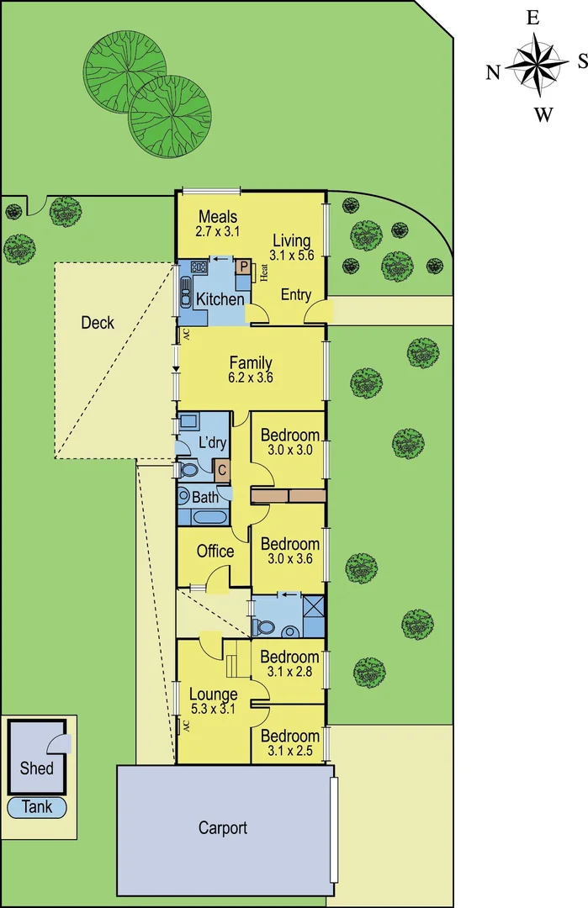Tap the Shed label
click(x=36, y=768)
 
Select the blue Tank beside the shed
click(x=36, y=807)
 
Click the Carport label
click(x=223, y=828)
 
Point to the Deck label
click(x=98, y=322)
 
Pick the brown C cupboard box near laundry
click(x=222, y=471)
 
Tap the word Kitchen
click(x=220, y=299)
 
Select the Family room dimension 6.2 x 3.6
click(x=251, y=378)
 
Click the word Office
click(x=215, y=552)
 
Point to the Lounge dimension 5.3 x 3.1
click(x=213, y=710)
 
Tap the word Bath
click(x=205, y=498)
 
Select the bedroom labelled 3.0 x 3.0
click(x=290, y=450)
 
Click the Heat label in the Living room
click(x=263, y=274)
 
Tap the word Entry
click(x=296, y=295)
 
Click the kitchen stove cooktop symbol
click(x=200, y=267)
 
